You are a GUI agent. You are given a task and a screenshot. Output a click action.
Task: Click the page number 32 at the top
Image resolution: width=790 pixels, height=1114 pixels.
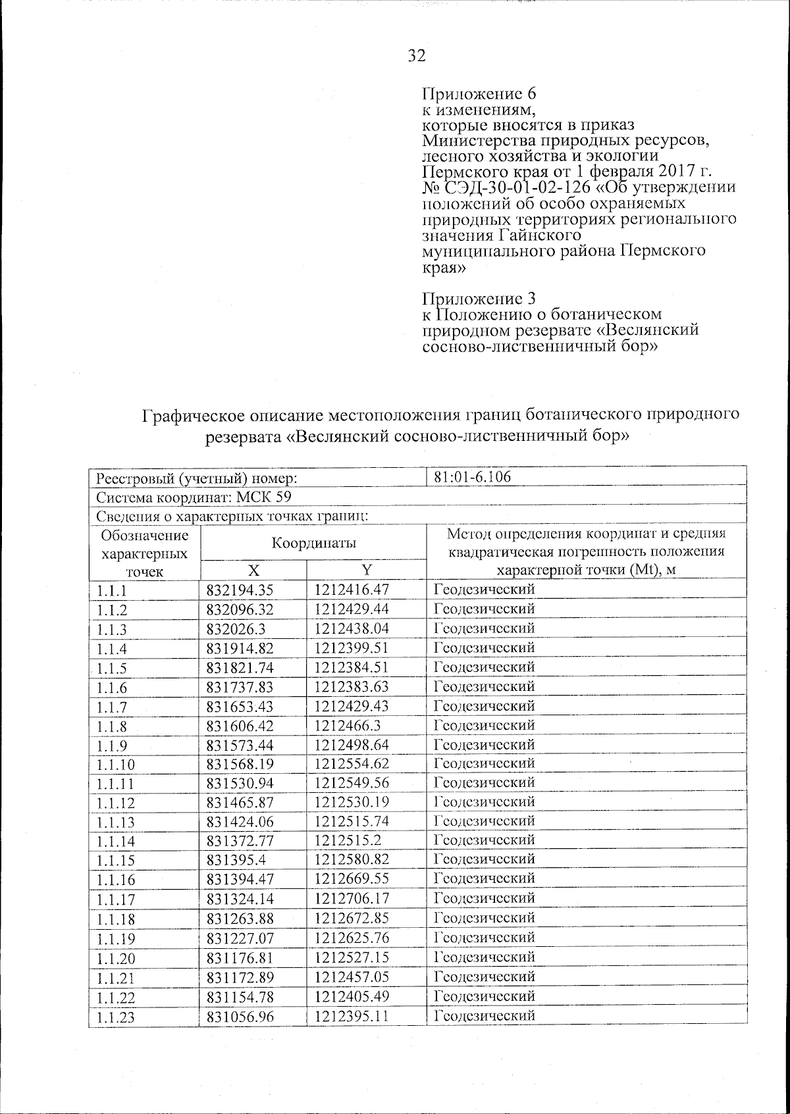[417, 56]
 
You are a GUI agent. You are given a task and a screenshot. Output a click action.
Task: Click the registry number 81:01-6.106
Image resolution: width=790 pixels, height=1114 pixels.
[473, 476]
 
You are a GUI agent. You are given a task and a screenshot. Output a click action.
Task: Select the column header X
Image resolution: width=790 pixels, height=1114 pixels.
[253, 570]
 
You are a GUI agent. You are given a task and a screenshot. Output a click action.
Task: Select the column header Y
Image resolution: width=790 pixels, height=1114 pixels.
[367, 570]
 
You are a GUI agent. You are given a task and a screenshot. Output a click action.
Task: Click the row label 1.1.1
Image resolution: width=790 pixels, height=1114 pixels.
[111, 590]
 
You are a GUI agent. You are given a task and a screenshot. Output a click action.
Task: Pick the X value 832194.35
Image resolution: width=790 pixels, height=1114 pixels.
[240, 590]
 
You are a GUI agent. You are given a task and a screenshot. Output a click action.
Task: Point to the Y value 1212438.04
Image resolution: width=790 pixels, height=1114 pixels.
[352, 628]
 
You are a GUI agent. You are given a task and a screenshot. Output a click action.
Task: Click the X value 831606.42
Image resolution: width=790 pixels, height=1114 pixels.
[240, 725]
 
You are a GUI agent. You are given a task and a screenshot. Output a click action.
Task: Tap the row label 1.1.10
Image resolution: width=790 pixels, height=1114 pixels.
[115, 764]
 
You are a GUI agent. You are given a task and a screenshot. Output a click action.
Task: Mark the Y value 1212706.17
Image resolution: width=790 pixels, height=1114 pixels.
[352, 898]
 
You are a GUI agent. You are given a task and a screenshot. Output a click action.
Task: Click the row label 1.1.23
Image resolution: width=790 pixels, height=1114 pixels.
[115, 1017]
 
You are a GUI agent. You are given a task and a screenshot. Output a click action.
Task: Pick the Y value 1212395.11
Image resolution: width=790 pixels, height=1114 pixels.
[352, 1016]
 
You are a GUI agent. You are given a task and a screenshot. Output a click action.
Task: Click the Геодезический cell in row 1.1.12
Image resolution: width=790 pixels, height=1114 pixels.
[485, 801]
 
